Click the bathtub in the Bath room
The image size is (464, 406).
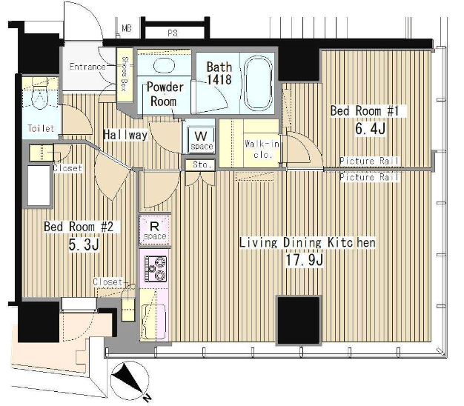257,83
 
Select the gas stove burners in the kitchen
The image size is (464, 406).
156,269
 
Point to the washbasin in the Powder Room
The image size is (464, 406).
164,64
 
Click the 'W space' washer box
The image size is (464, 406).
201,139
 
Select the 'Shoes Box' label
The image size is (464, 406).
125,73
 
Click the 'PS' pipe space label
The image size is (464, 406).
173,33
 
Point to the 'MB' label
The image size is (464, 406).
127,29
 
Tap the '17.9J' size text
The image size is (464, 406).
304,260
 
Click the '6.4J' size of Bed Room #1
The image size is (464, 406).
370,129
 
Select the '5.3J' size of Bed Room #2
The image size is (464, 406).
84,244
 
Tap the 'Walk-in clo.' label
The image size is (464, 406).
262,149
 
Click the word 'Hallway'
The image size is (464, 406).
125,135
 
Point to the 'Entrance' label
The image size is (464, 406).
87,67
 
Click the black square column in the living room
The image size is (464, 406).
299,320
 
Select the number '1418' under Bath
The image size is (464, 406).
219,79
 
